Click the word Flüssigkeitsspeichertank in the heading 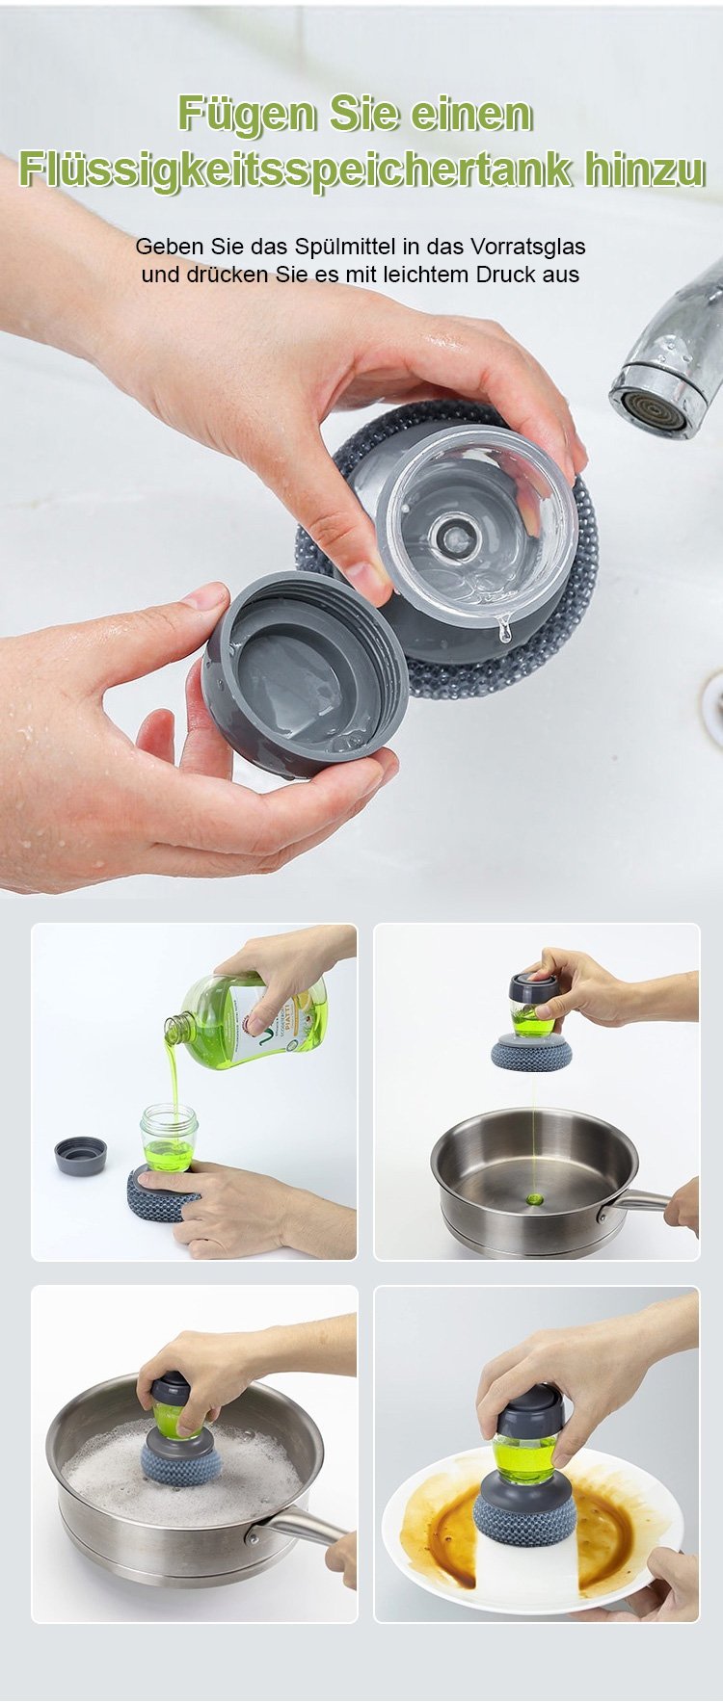[296, 170]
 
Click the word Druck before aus [507, 274]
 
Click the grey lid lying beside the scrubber [80, 1155]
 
